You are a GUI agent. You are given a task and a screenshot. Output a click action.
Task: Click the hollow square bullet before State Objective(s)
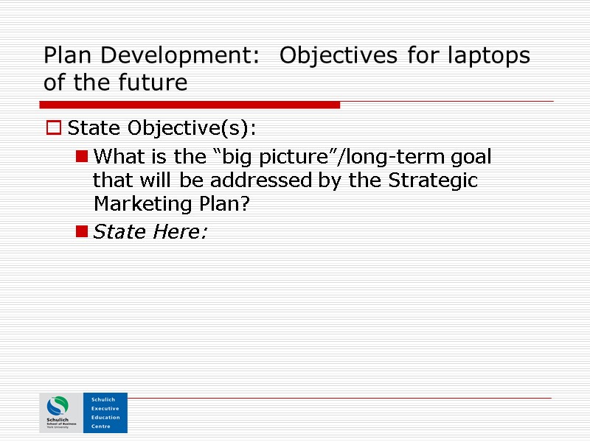(53, 129)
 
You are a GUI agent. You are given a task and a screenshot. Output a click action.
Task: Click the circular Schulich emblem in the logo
(57, 407)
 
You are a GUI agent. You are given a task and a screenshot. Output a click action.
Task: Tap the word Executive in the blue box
(105, 408)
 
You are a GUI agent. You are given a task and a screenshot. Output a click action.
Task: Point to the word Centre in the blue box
(101, 426)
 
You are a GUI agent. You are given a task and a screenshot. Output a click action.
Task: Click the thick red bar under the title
(192, 105)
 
